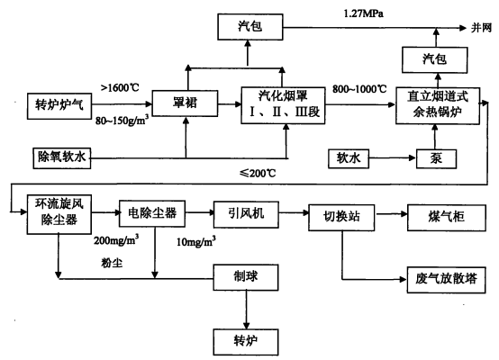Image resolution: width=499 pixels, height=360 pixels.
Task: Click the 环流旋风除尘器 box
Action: (58, 214)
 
